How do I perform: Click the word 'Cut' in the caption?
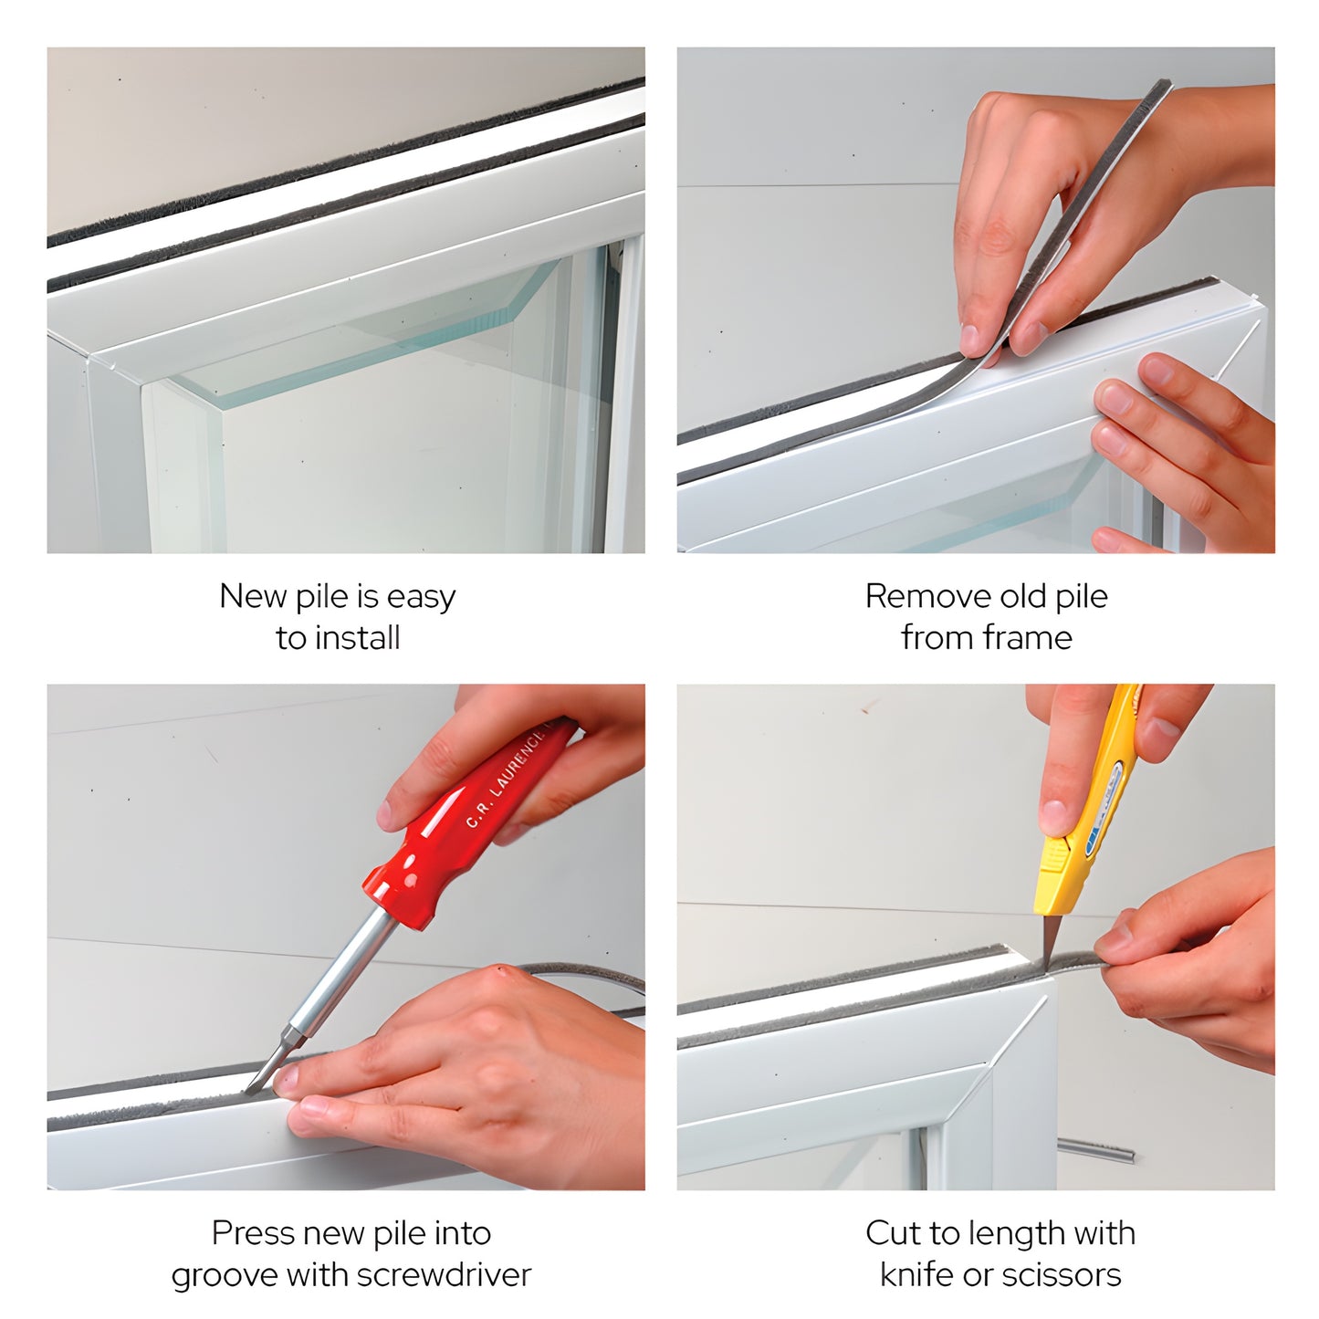(894, 1233)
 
